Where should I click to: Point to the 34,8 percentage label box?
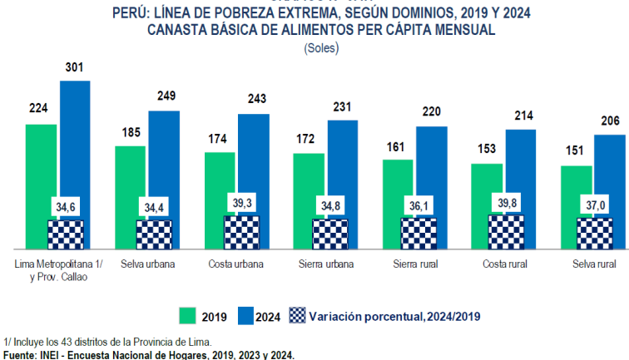[330, 205]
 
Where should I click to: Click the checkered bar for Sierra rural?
[419, 233]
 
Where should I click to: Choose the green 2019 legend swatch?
[188, 316]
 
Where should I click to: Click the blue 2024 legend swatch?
[246, 316]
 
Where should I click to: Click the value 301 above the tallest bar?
[75, 67]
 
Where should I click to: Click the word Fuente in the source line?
[19, 355]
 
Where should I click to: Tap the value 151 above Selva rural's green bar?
[577, 151]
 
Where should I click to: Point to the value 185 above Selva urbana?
[130, 131]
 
